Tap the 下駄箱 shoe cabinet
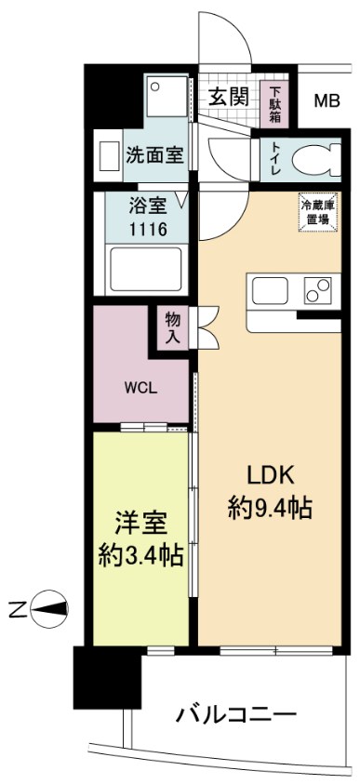276,104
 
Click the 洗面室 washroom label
155,155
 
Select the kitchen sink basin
266,289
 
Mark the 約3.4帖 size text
140,556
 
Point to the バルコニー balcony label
235,716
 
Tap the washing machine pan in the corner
168,96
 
